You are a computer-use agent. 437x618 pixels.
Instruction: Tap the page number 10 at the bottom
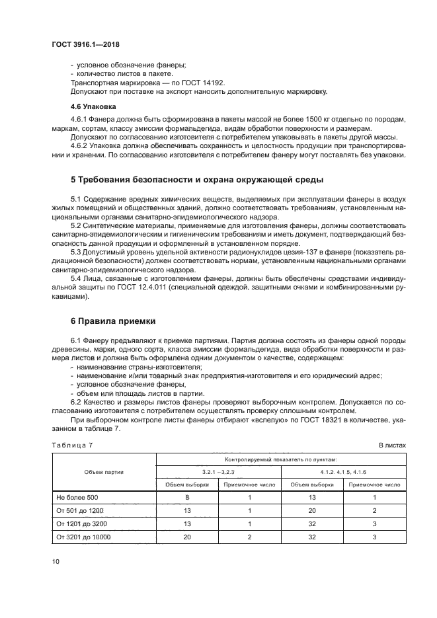[x=56, y=561]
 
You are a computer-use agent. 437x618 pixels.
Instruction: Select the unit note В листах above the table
[x=392, y=445]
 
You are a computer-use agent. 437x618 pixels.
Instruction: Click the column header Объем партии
[x=104, y=472]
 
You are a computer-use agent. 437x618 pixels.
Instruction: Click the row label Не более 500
[x=77, y=496]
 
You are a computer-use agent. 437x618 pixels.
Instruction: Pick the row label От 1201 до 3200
[x=83, y=523]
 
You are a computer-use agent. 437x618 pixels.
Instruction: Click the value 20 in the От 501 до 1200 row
[x=312, y=510]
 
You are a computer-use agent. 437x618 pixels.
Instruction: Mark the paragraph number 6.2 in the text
[x=75, y=402]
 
